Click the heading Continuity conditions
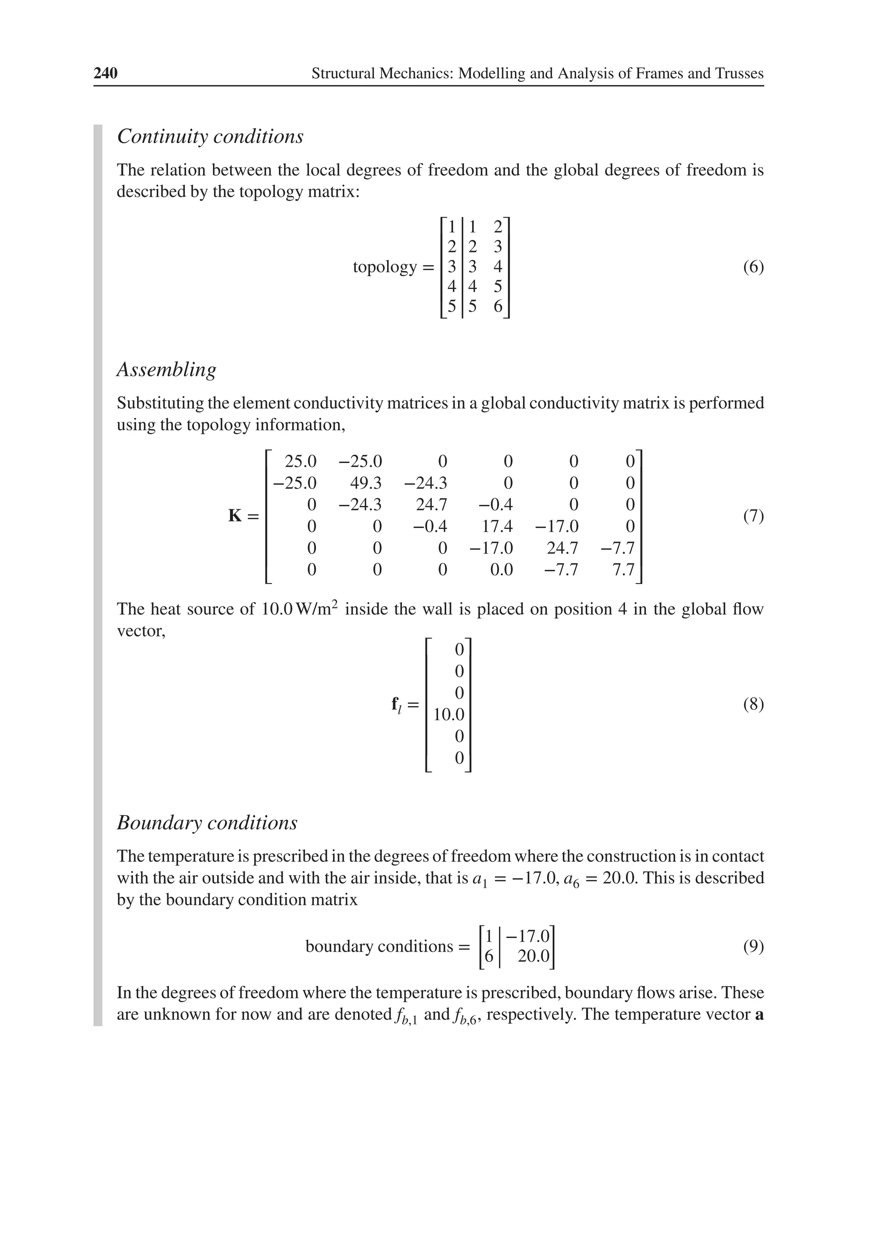click(x=210, y=136)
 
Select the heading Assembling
click(x=166, y=370)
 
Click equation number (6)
click(x=753, y=267)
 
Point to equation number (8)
click(x=753, y=704)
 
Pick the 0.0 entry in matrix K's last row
click(x=501, y=570)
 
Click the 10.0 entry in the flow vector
click(x=449, y=714)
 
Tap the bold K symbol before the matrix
click(x=235, y=516)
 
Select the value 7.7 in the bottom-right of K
click(x=623, y=570)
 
